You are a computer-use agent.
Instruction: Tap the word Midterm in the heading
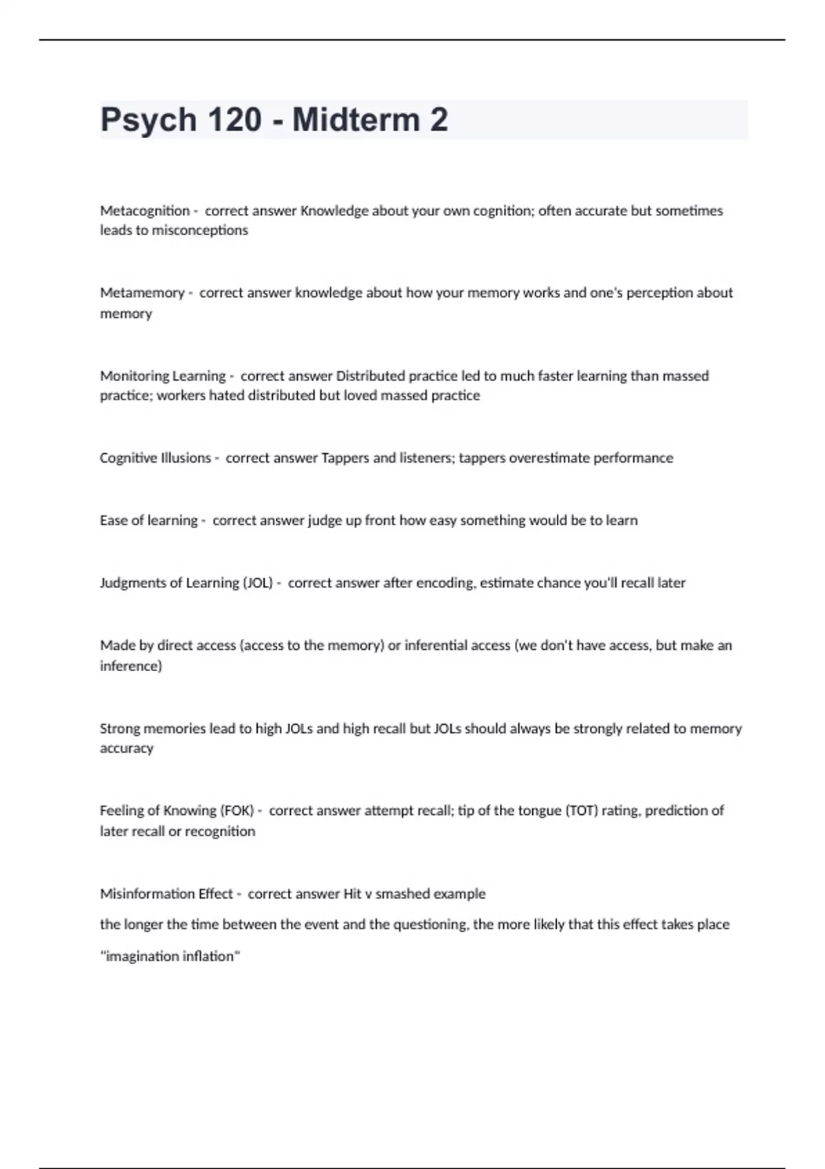tap(356, 120)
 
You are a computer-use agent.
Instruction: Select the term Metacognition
tap(144, 210)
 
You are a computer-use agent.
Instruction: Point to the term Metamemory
tap(142, 293)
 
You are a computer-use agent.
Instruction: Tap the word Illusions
tap(185, 458)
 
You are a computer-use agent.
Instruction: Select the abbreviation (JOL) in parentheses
tap(257, 583)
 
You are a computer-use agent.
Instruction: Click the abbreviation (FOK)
tap(237, 811)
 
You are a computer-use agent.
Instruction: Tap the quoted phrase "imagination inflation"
tap(170, 957)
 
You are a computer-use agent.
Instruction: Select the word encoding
tap(444, 583)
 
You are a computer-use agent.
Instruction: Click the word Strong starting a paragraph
tap(119, 729)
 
